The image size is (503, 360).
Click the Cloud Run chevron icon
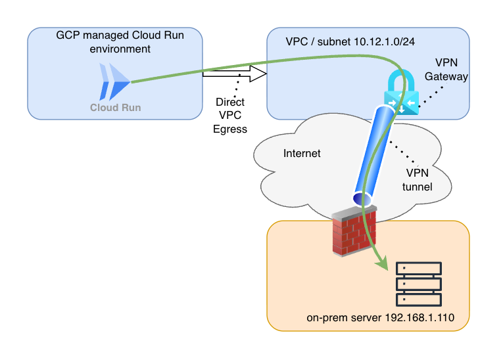coord(113,81)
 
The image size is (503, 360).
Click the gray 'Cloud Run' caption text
coord(115,107)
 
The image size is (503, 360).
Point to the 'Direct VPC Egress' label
coord(230,116)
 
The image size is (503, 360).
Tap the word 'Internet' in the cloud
coord(302,154)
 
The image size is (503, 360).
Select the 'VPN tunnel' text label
coord(417,180)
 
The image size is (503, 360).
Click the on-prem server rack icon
coord(418,284)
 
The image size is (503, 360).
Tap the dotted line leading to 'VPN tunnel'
coord(402,154)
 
